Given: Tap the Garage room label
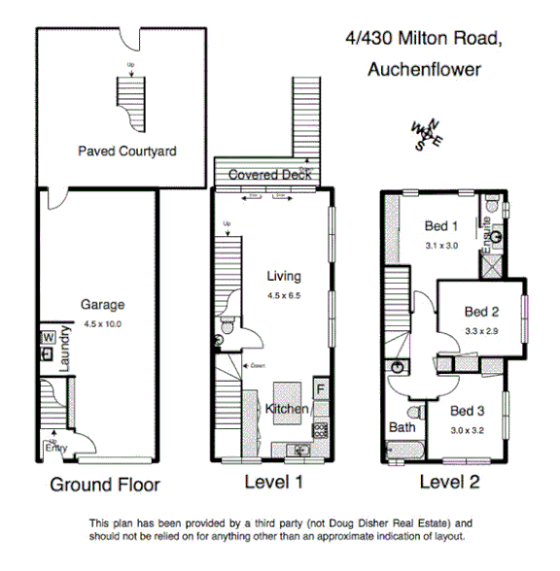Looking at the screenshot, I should point(102,305).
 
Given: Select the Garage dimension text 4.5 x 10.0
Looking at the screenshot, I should point(102,323).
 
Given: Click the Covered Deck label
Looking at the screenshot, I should point(269,175).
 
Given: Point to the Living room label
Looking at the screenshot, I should point(284,277).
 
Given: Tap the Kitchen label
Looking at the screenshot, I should point(287,409).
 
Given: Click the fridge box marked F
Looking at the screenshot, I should point(321,389).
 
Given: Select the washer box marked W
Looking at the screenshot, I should point(47,338).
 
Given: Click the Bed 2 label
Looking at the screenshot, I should point(481,312).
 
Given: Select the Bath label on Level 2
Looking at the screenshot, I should point(402,427).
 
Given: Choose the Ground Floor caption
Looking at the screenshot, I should point(105,485).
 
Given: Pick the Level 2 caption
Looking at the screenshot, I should point(449,482).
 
